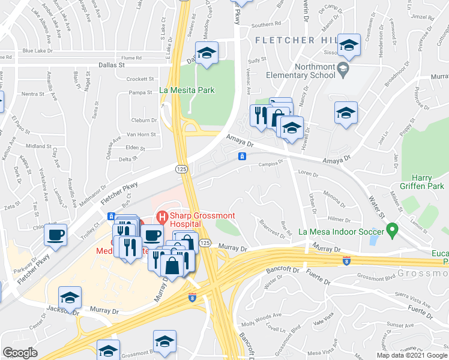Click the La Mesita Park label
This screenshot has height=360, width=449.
pyautogui.click(x=187, y=91)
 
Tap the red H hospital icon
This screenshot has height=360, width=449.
pyautogui.click(x=161, y=215)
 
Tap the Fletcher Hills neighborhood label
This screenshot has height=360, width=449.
pyautogui.click(x=293, y=40)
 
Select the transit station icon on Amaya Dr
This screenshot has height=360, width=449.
pyautogui.click(x=241, y=157)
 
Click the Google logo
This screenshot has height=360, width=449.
pyautogui.click(x=20, y=353)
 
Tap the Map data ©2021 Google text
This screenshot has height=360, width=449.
pyautogui.click(x=412, y=355)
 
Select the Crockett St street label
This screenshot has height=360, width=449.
pyautogui.click(x=141, y=79)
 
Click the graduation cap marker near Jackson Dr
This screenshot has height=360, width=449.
pyautogui.click(x=70, y=298)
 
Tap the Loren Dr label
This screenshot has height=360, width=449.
pyautogui.click(x=307, y=173)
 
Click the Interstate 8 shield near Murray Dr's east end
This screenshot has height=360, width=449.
pyautogui.click(x=346, y=260)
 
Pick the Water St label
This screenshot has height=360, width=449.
pyautogui.click(x=376, y=206)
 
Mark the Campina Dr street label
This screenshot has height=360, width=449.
pyautogui.click(x=270, y=163)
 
